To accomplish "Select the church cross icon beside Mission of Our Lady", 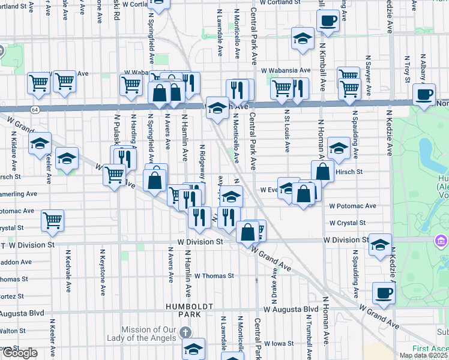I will [186, 332].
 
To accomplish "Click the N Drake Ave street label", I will [275, 275].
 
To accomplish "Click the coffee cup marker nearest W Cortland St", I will [328, 21].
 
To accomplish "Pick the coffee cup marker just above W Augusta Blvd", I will [384, 293].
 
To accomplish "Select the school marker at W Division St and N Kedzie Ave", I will [380, 245].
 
